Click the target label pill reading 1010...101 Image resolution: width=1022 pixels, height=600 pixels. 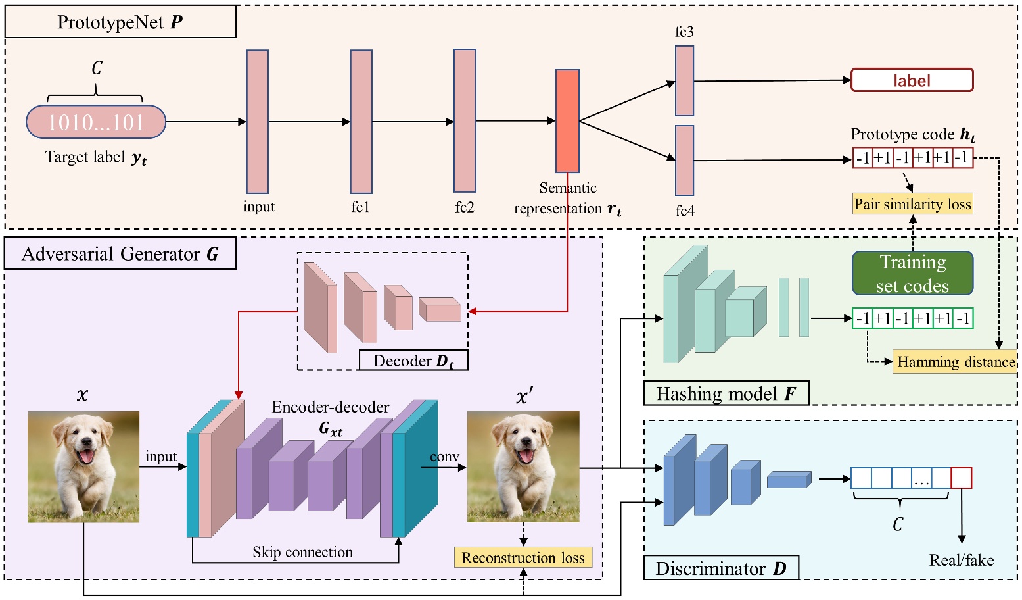(96, 122)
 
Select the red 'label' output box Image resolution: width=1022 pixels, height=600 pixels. (912, 80)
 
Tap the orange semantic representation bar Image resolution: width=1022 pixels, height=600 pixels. (567, 121)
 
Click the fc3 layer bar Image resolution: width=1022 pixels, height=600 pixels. (684, 81)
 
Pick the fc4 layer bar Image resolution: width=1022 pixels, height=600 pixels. (684, 161)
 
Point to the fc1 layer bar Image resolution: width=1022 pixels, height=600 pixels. (361, 122)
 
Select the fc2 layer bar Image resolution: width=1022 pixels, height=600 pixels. (465, 120)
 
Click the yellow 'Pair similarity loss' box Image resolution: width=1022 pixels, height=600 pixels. (912, 204)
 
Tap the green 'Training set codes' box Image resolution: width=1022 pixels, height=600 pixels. (912, 273)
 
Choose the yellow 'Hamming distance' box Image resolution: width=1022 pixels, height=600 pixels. (954, 362)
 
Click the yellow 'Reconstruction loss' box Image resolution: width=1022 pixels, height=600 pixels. (523, 558)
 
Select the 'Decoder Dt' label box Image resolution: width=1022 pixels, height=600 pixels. (413, 361)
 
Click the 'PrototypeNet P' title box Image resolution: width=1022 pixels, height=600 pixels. (120, 22)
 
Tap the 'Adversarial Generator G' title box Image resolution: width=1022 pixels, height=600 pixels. (120, 254)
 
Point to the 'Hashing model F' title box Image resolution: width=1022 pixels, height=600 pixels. (726, 393)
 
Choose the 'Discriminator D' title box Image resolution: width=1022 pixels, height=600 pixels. (720, 568)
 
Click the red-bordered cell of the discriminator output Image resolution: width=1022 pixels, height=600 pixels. (961, 478)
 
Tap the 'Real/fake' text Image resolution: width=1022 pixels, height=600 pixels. (961, 560)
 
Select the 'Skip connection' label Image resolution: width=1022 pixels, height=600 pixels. (302, 552)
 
